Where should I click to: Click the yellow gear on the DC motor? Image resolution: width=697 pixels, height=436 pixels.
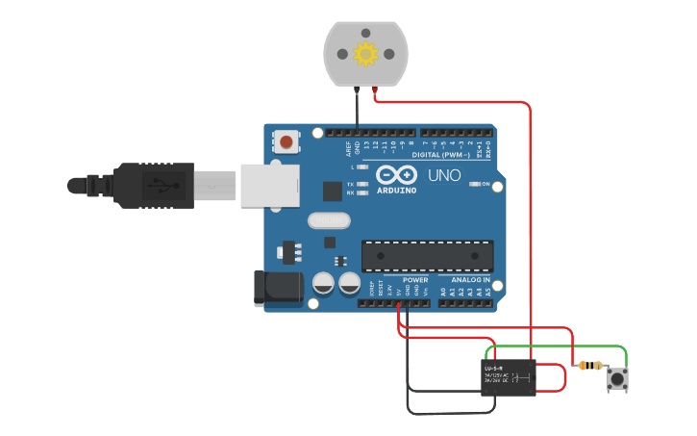(x=365, y=54)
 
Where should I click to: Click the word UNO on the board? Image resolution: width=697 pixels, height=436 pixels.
(x=444, y=176)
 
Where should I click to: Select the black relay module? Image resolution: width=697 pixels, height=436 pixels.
(x=509, y=377)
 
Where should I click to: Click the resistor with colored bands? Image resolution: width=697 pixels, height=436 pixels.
(x=587, y=366)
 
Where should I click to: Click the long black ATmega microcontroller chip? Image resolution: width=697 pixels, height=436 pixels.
(x=427, y=255)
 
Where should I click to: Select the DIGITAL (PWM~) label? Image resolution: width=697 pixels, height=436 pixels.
(x=440, y=155)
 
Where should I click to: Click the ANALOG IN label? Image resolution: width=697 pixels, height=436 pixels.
(x=471, y=279)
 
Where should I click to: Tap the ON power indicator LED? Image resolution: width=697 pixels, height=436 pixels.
(x=475, y=184)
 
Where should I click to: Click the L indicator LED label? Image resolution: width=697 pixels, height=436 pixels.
(x=352, y=167)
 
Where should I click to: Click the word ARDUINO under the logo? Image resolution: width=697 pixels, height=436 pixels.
(x=396, y=191)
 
